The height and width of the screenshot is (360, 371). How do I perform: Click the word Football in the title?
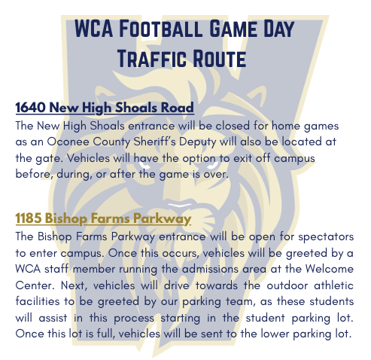point(160,29)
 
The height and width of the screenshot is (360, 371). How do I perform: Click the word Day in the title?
point(278,29)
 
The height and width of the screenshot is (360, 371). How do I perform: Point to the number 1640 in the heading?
point(30,107)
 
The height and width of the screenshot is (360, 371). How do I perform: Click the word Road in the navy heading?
point(177,107)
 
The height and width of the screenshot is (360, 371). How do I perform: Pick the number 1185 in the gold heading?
point(29,218)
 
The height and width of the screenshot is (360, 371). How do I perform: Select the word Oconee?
point(68,142)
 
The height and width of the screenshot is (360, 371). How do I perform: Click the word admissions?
point(210,269)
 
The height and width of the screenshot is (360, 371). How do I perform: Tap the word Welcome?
point(330,269)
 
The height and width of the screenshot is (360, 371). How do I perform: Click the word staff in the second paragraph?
point(56,269)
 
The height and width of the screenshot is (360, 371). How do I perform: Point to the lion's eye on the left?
point(144,165)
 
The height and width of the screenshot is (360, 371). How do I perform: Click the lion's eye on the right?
point(212,164)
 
